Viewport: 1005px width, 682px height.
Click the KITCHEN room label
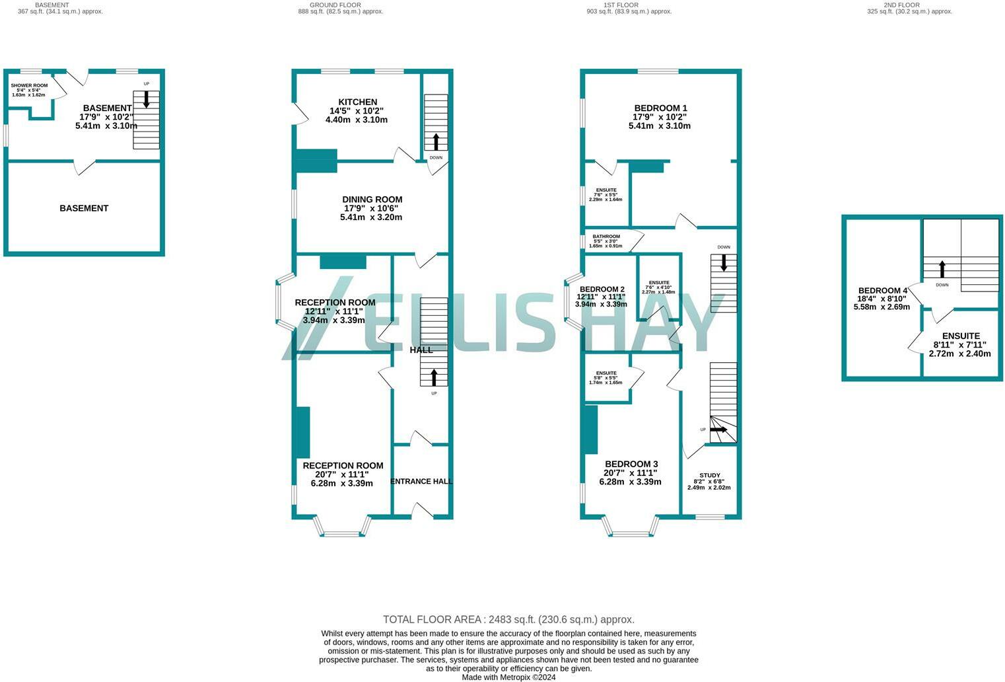coord(357,102)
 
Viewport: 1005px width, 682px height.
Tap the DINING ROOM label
coord(372,200)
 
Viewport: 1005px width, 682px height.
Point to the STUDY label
coord(709,475)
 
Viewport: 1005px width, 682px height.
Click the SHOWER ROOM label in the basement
coord(29,85)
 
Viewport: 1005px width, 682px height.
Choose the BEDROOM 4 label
coord(882,290)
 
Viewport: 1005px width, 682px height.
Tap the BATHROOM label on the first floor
coord(606,237)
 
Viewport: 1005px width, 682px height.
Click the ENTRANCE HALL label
coord(421,481)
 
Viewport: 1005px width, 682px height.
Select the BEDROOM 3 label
coord(631,464)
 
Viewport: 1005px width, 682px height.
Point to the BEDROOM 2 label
coord(602,289)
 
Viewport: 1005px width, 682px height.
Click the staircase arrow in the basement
coord(146,100)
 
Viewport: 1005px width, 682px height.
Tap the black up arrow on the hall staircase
coord(434,377)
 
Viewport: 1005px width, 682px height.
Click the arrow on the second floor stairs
coord(942,269)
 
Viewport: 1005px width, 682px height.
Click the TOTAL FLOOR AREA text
coord(508,619)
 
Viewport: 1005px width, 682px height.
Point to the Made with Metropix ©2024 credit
coord(508,677)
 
